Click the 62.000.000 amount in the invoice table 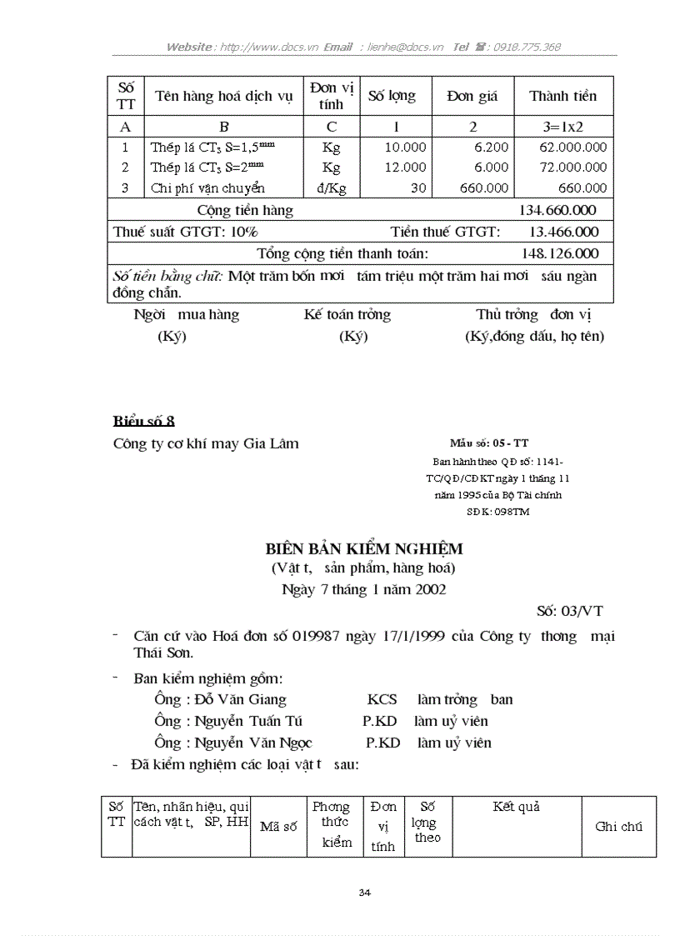573,147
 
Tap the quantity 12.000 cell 405,168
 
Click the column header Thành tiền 563,96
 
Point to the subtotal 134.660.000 557,210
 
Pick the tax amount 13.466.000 564,232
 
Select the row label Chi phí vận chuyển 207,188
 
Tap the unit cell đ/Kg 331,188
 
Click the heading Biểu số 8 143,421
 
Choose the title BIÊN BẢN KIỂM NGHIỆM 363,549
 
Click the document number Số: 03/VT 570,611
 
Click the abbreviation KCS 382,699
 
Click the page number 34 364,893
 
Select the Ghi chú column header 618,827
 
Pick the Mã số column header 278,827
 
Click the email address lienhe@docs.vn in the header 402,48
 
